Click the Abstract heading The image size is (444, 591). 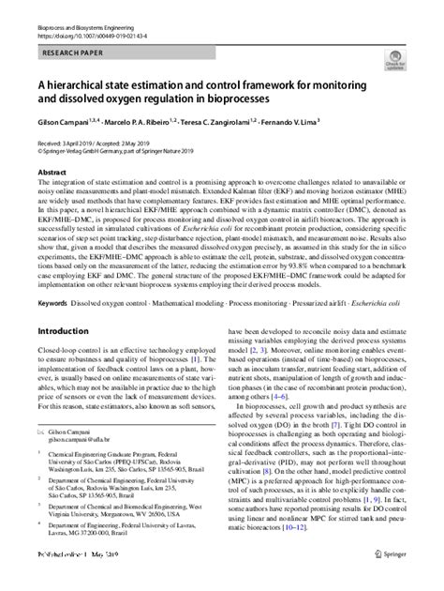point(52,174)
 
